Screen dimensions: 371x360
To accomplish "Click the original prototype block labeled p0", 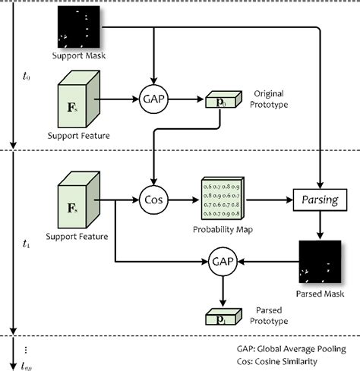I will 215,99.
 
